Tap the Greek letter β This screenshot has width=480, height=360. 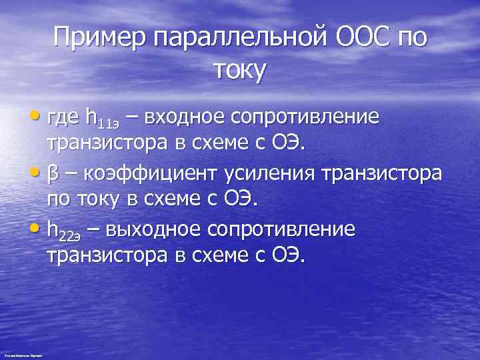point(53,173)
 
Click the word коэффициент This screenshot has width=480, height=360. point(143,173)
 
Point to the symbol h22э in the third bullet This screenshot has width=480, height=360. point(65,230)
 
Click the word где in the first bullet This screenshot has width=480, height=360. point(64,118)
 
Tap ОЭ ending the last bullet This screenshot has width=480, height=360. point(287,257)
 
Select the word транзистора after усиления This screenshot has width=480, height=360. point(381,173)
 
